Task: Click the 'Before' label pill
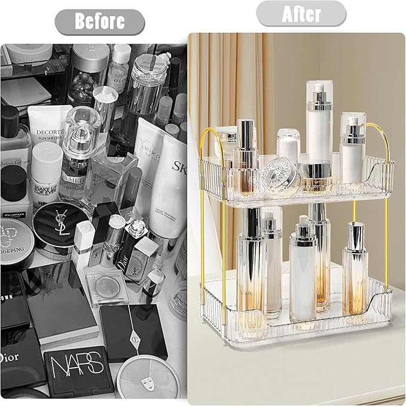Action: (99, 22)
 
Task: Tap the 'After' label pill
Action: (301, 14)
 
